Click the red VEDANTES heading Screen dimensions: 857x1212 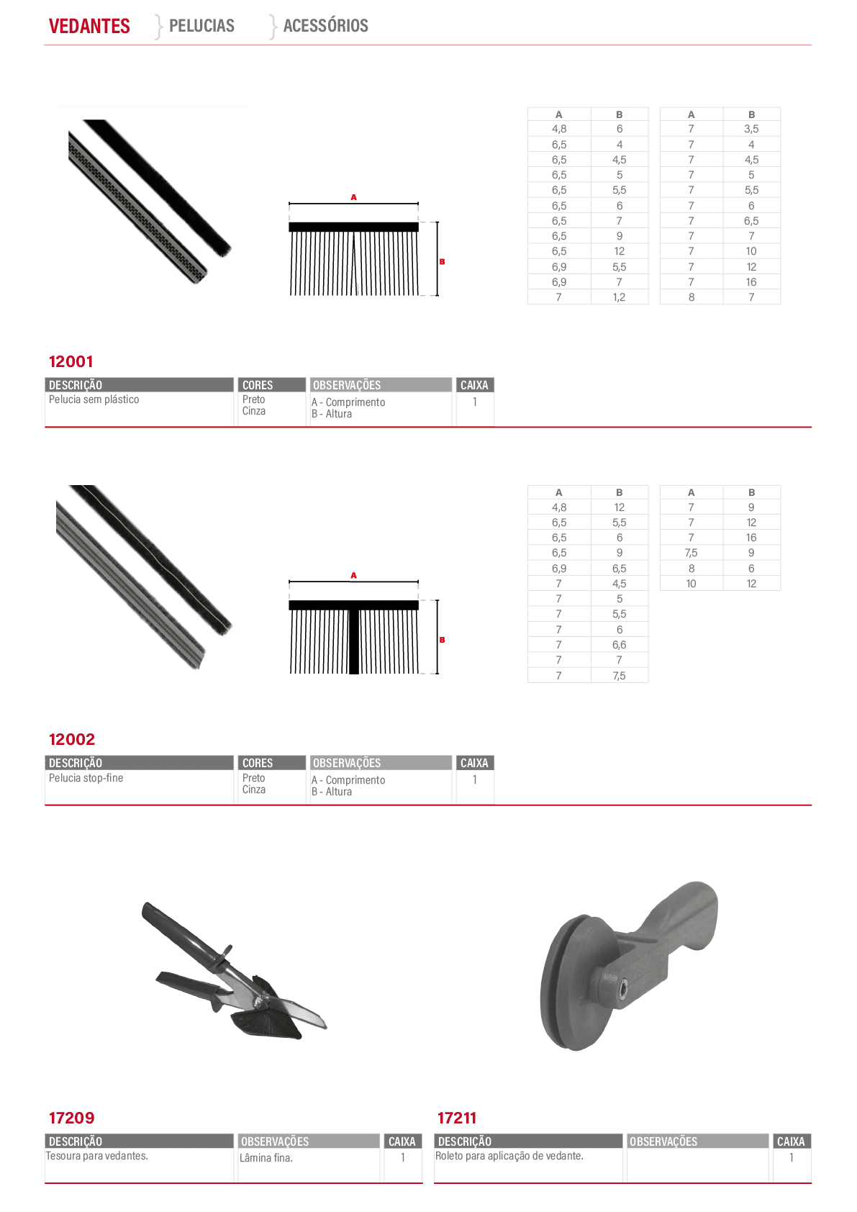[x=89, y=26]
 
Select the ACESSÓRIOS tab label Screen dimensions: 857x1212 [x=326, y=25]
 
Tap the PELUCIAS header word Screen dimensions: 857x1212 [x=201, y=25]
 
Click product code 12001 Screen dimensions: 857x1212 [x=71, y=361]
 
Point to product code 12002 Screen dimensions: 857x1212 [x=72, y=739]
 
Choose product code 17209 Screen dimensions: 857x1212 [x=71, y=1117]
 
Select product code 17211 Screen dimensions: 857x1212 [x=457, y=1117]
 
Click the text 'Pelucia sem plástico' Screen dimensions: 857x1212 [x=94, y=399]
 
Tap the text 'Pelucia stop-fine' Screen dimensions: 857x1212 [x=86, y=777]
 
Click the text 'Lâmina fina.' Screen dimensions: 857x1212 [x=266, y=1157]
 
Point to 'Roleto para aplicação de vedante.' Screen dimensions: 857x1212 [x=509, y=1156]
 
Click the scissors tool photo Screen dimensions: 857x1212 [x=234, y=970]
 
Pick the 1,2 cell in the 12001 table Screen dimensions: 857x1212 [x=619, y=297]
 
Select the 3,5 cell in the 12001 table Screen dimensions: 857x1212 [x=751, y=129]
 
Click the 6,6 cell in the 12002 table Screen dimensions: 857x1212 [x=619, y=644]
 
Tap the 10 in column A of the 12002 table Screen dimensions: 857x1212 [x=691, y=583]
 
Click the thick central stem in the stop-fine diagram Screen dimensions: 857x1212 [x=354, y=642]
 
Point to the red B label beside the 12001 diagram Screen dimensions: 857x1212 [x=442, y=262]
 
